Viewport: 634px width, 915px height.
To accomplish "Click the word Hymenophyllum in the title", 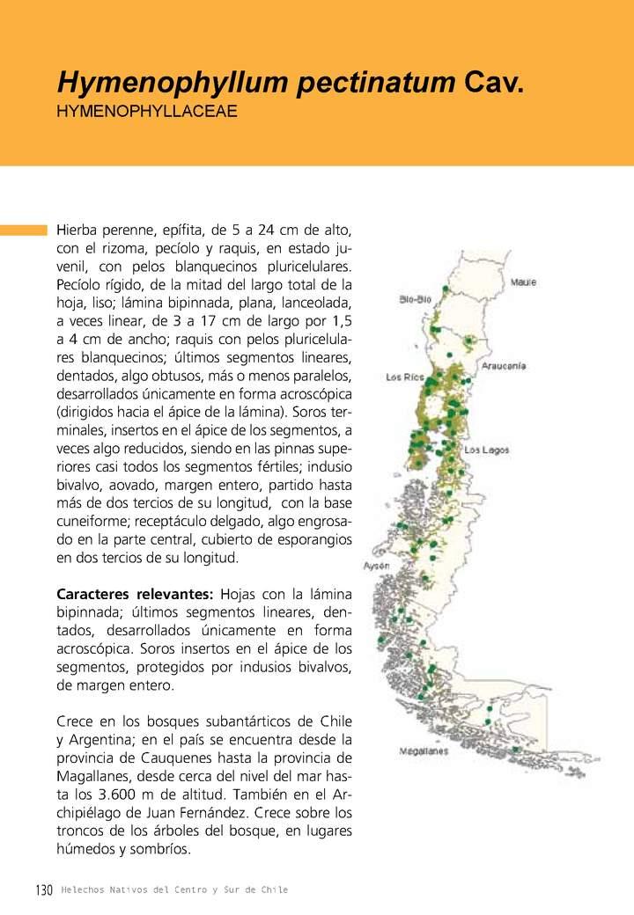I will pyautogui.click(x=172, y=84).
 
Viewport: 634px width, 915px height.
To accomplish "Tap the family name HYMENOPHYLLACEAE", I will pyautogui.click(x=147, y=113).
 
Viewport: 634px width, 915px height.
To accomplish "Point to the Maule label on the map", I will pyautogui.click(x=523, y=282).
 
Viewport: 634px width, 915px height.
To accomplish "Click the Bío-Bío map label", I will pyautogui.click(x=414, y=299).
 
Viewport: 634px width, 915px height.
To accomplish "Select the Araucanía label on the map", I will pyautogui.click(x=504, y=365).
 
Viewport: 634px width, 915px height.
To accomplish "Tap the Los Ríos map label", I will pyautogui.click(x=405, y=377).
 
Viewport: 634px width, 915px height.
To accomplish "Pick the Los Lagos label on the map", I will pyautogui.click(x=487, y=450).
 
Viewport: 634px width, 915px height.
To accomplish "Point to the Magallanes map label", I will pyautogui.click(x=424, y=751).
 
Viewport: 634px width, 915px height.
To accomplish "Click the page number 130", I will pyautogui.click(x=45, y=890).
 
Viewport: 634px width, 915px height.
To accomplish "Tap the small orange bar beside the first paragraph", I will pyautogui.click(x=24, y=230).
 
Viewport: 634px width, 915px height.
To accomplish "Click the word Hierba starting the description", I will pyautogui.click(x=78, y=230).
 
